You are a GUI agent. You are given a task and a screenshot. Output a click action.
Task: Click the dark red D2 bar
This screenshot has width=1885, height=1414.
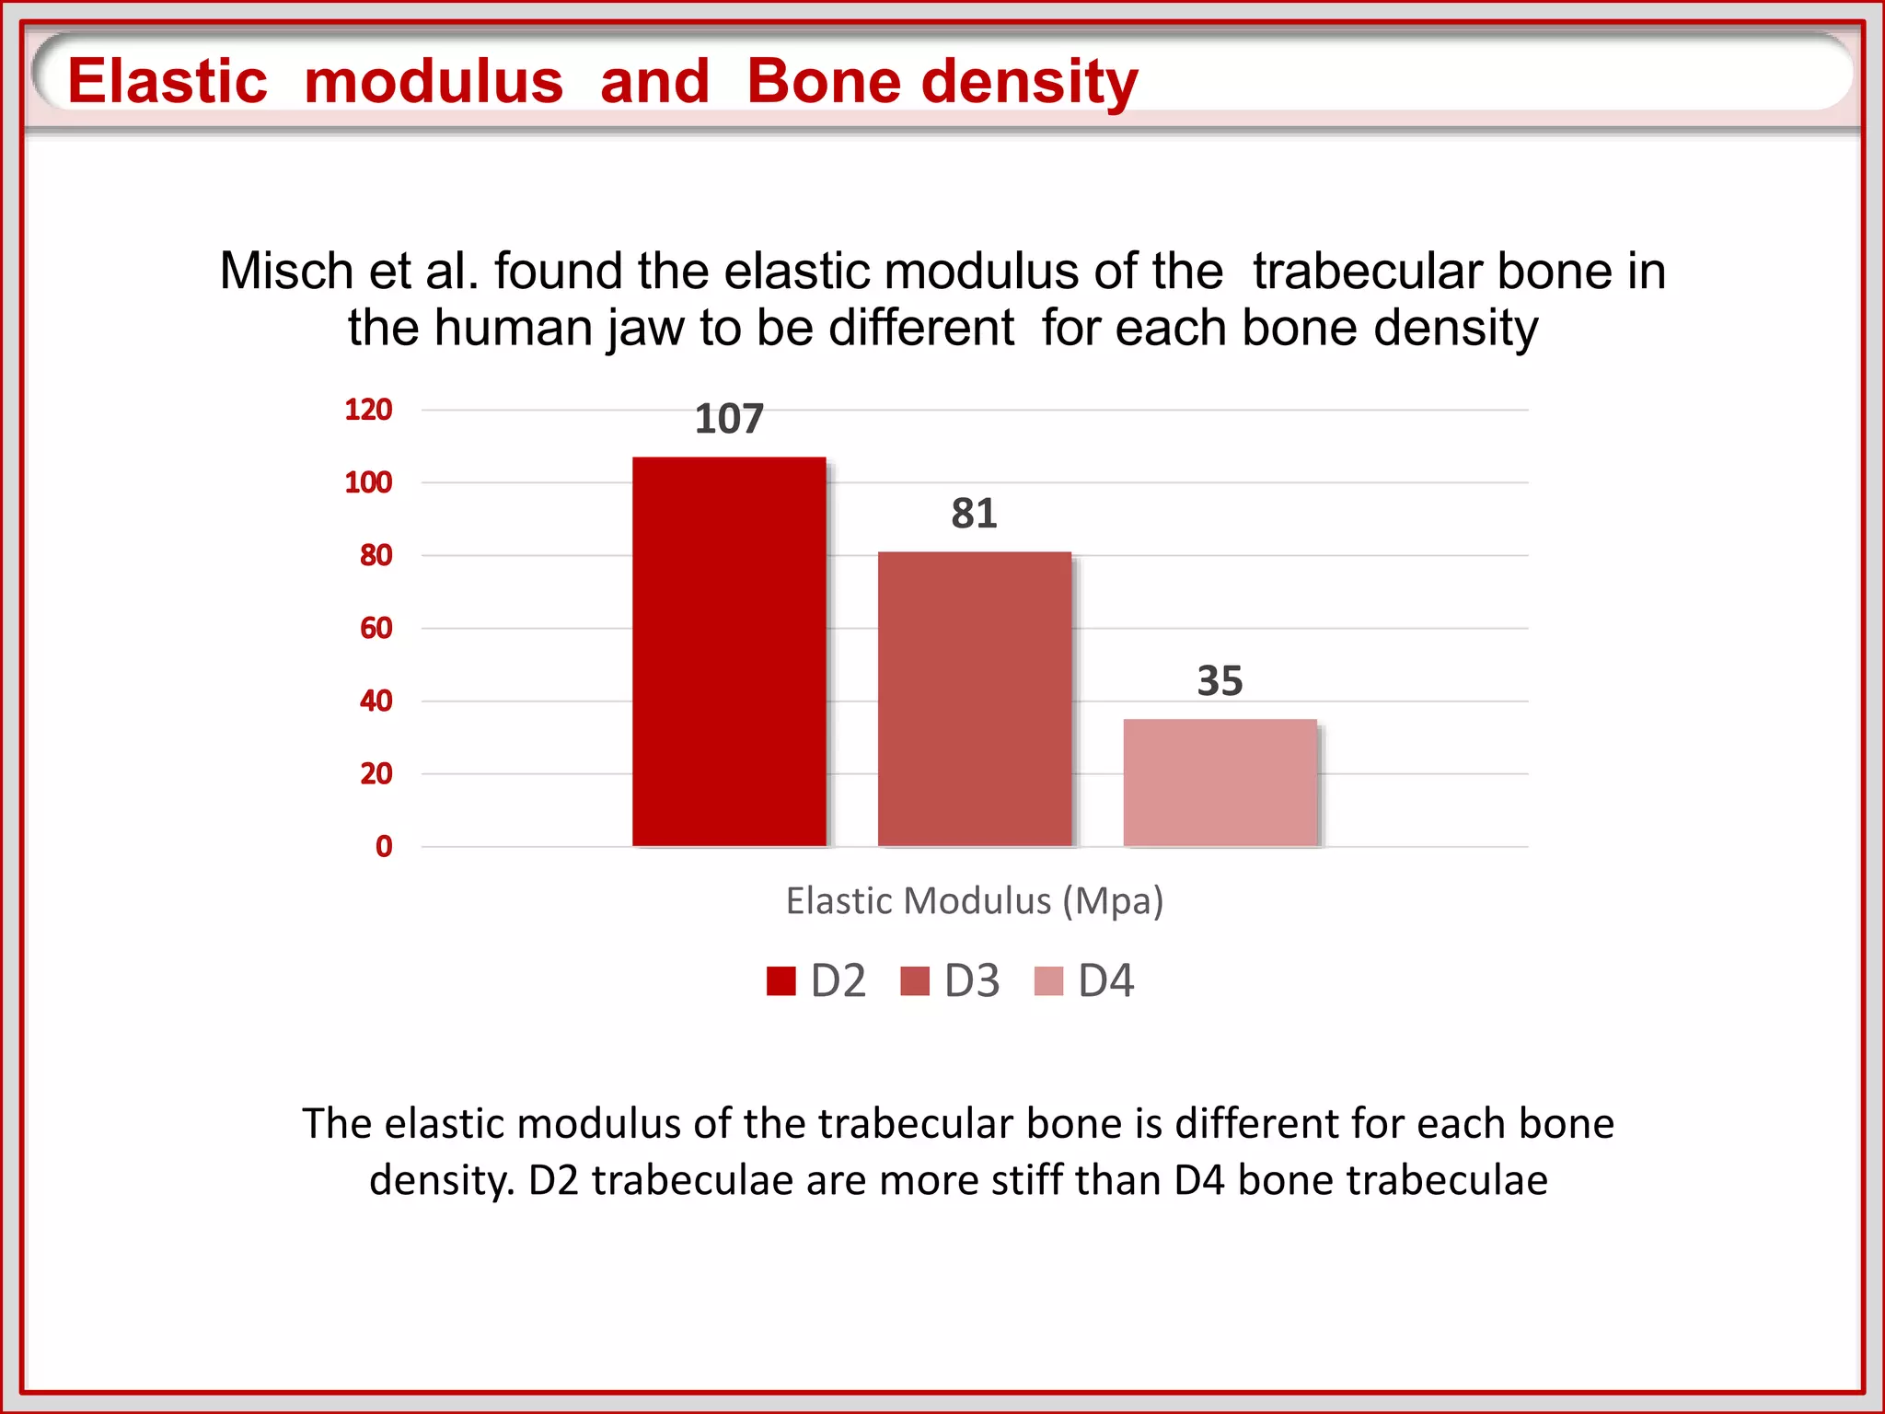point(729,652)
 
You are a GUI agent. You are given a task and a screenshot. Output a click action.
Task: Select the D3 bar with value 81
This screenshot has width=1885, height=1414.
point(975,700)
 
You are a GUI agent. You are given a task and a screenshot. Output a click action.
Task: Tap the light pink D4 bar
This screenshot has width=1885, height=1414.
point(1220,782)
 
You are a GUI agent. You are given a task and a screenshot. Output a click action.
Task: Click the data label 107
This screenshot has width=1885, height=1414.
point(729,419)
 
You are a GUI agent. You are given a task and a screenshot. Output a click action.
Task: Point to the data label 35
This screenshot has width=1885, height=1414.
point(1220,681)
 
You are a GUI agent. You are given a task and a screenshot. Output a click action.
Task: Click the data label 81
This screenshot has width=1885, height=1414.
point(974,514)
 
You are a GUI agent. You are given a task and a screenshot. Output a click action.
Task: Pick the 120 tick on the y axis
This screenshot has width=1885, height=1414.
point(368,410)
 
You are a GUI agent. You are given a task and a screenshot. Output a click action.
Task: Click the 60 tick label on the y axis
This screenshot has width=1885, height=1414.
point(376,628)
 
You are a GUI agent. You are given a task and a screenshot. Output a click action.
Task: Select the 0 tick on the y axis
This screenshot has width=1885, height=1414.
point(384,847)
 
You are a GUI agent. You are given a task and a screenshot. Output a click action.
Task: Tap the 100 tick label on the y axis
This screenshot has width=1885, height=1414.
point(368,482)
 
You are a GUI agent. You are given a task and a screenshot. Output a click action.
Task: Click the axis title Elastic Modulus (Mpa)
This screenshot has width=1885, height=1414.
point(975,900)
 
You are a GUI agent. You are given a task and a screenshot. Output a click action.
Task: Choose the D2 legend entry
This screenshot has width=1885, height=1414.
point(817,980)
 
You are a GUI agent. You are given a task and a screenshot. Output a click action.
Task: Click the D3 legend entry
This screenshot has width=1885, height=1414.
point(951,980)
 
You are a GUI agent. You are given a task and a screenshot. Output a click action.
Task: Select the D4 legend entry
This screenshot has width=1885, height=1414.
point(1085,980)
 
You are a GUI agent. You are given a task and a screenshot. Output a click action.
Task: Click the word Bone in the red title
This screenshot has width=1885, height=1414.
point(824,81)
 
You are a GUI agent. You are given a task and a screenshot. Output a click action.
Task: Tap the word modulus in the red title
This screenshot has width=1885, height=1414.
point(434,81)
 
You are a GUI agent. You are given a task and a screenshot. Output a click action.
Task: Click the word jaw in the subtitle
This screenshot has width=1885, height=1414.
point(645,329)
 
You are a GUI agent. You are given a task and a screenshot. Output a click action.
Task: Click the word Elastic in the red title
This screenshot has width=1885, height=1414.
point(168,81)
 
